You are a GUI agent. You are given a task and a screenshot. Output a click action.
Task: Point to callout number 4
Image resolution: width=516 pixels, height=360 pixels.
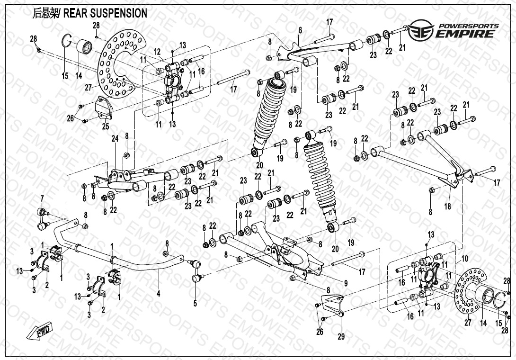[x=159, y=294]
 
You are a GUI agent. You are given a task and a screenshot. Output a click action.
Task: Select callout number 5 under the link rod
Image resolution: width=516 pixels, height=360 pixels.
[x=195, y=303]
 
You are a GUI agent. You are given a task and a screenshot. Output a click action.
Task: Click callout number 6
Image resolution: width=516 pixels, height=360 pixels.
[x=300, y=31]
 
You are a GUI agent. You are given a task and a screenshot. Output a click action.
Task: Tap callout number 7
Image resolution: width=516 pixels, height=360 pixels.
[x=42, y=198]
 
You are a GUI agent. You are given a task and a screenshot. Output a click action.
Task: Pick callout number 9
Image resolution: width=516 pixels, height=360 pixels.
[x=346, y=283]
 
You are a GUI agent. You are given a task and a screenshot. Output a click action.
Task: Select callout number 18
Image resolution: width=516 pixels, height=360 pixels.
[x=448, y=207]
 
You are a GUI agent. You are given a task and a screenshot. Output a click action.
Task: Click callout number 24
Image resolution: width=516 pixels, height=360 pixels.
[x=114, y=139]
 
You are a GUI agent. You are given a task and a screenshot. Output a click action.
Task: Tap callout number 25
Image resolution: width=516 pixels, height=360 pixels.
[x=106, y=126]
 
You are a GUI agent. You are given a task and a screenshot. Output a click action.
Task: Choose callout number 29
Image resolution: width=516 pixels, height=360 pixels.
[x=341, y=337]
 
